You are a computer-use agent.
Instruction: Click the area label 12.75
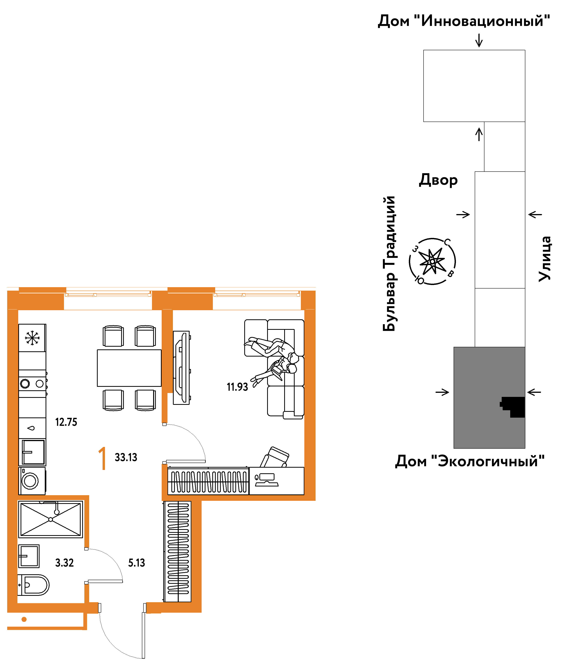(x=66, y=422)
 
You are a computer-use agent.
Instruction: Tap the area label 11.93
(x=237, y=387)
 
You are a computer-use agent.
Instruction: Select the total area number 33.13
(x=126, y=457)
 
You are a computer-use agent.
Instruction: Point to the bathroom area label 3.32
(x=64, y=563)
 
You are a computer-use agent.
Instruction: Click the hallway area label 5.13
(x=137, y=563)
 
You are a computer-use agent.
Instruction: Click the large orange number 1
(x=103, y=458)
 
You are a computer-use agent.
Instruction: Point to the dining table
(x=129, y=368)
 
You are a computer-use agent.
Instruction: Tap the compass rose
(x=432, y=262)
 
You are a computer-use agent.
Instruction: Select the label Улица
(x=545, y=259)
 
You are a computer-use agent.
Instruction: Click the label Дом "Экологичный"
(x=470, y=461)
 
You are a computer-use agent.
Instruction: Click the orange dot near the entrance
(x=24, y=619)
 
